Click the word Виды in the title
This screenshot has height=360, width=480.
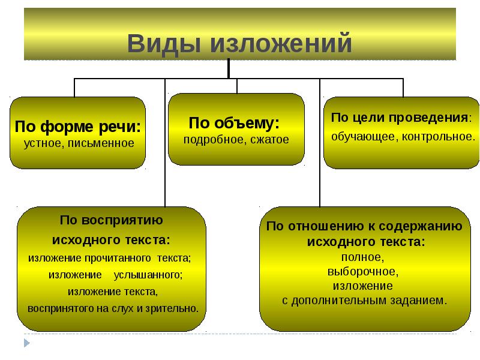(164, 44)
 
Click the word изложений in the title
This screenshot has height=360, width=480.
(281, 43)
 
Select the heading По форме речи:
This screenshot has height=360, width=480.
(78, 127)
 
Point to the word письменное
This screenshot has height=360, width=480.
(101, 143)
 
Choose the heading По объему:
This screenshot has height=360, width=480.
(234, 123)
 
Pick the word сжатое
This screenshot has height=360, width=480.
(269, 140)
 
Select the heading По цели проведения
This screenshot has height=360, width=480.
(399, 118)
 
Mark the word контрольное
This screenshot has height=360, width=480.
(439, 137)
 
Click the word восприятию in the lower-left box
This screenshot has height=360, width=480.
(122, 220)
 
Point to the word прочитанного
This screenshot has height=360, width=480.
(118, 259)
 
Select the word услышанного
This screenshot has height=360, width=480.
(148, 275)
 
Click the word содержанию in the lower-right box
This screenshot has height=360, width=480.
(421, 227)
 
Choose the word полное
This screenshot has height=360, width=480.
(363, 257)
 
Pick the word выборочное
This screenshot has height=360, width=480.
(363, 272)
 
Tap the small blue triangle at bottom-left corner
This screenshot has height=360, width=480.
(27, 343)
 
